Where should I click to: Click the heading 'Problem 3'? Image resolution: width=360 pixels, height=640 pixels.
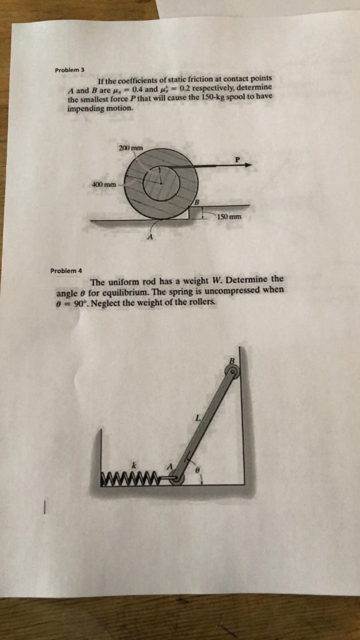point(68,70)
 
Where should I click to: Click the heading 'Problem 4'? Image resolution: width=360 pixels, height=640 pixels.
point(66,270)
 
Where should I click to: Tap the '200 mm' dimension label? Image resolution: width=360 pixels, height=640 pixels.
point(131,147)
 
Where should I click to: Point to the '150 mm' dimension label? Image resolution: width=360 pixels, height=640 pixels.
point(229,217)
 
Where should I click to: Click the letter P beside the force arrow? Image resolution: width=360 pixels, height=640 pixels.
point(237,159)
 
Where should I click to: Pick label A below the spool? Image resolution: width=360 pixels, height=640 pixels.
point(150,238)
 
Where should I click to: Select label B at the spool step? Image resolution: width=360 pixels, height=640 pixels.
point(197,201)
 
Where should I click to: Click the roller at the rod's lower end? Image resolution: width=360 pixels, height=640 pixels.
point(176,479)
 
